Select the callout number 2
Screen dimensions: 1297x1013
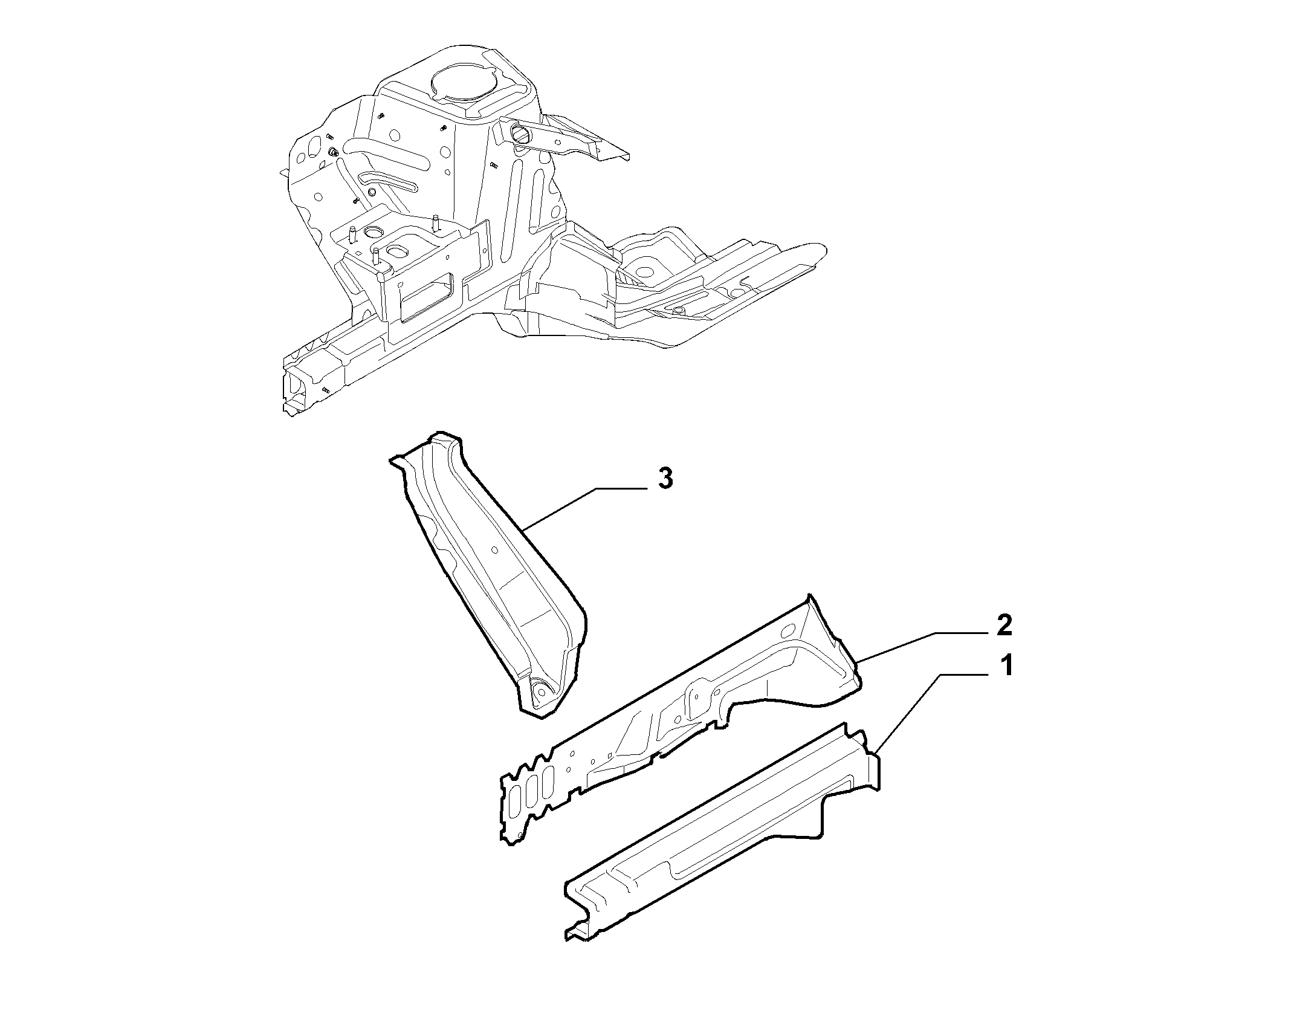click(1004, 626)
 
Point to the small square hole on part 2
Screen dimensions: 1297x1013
click(611, 756)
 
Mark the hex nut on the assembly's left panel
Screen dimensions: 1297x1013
click(333, 152)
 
